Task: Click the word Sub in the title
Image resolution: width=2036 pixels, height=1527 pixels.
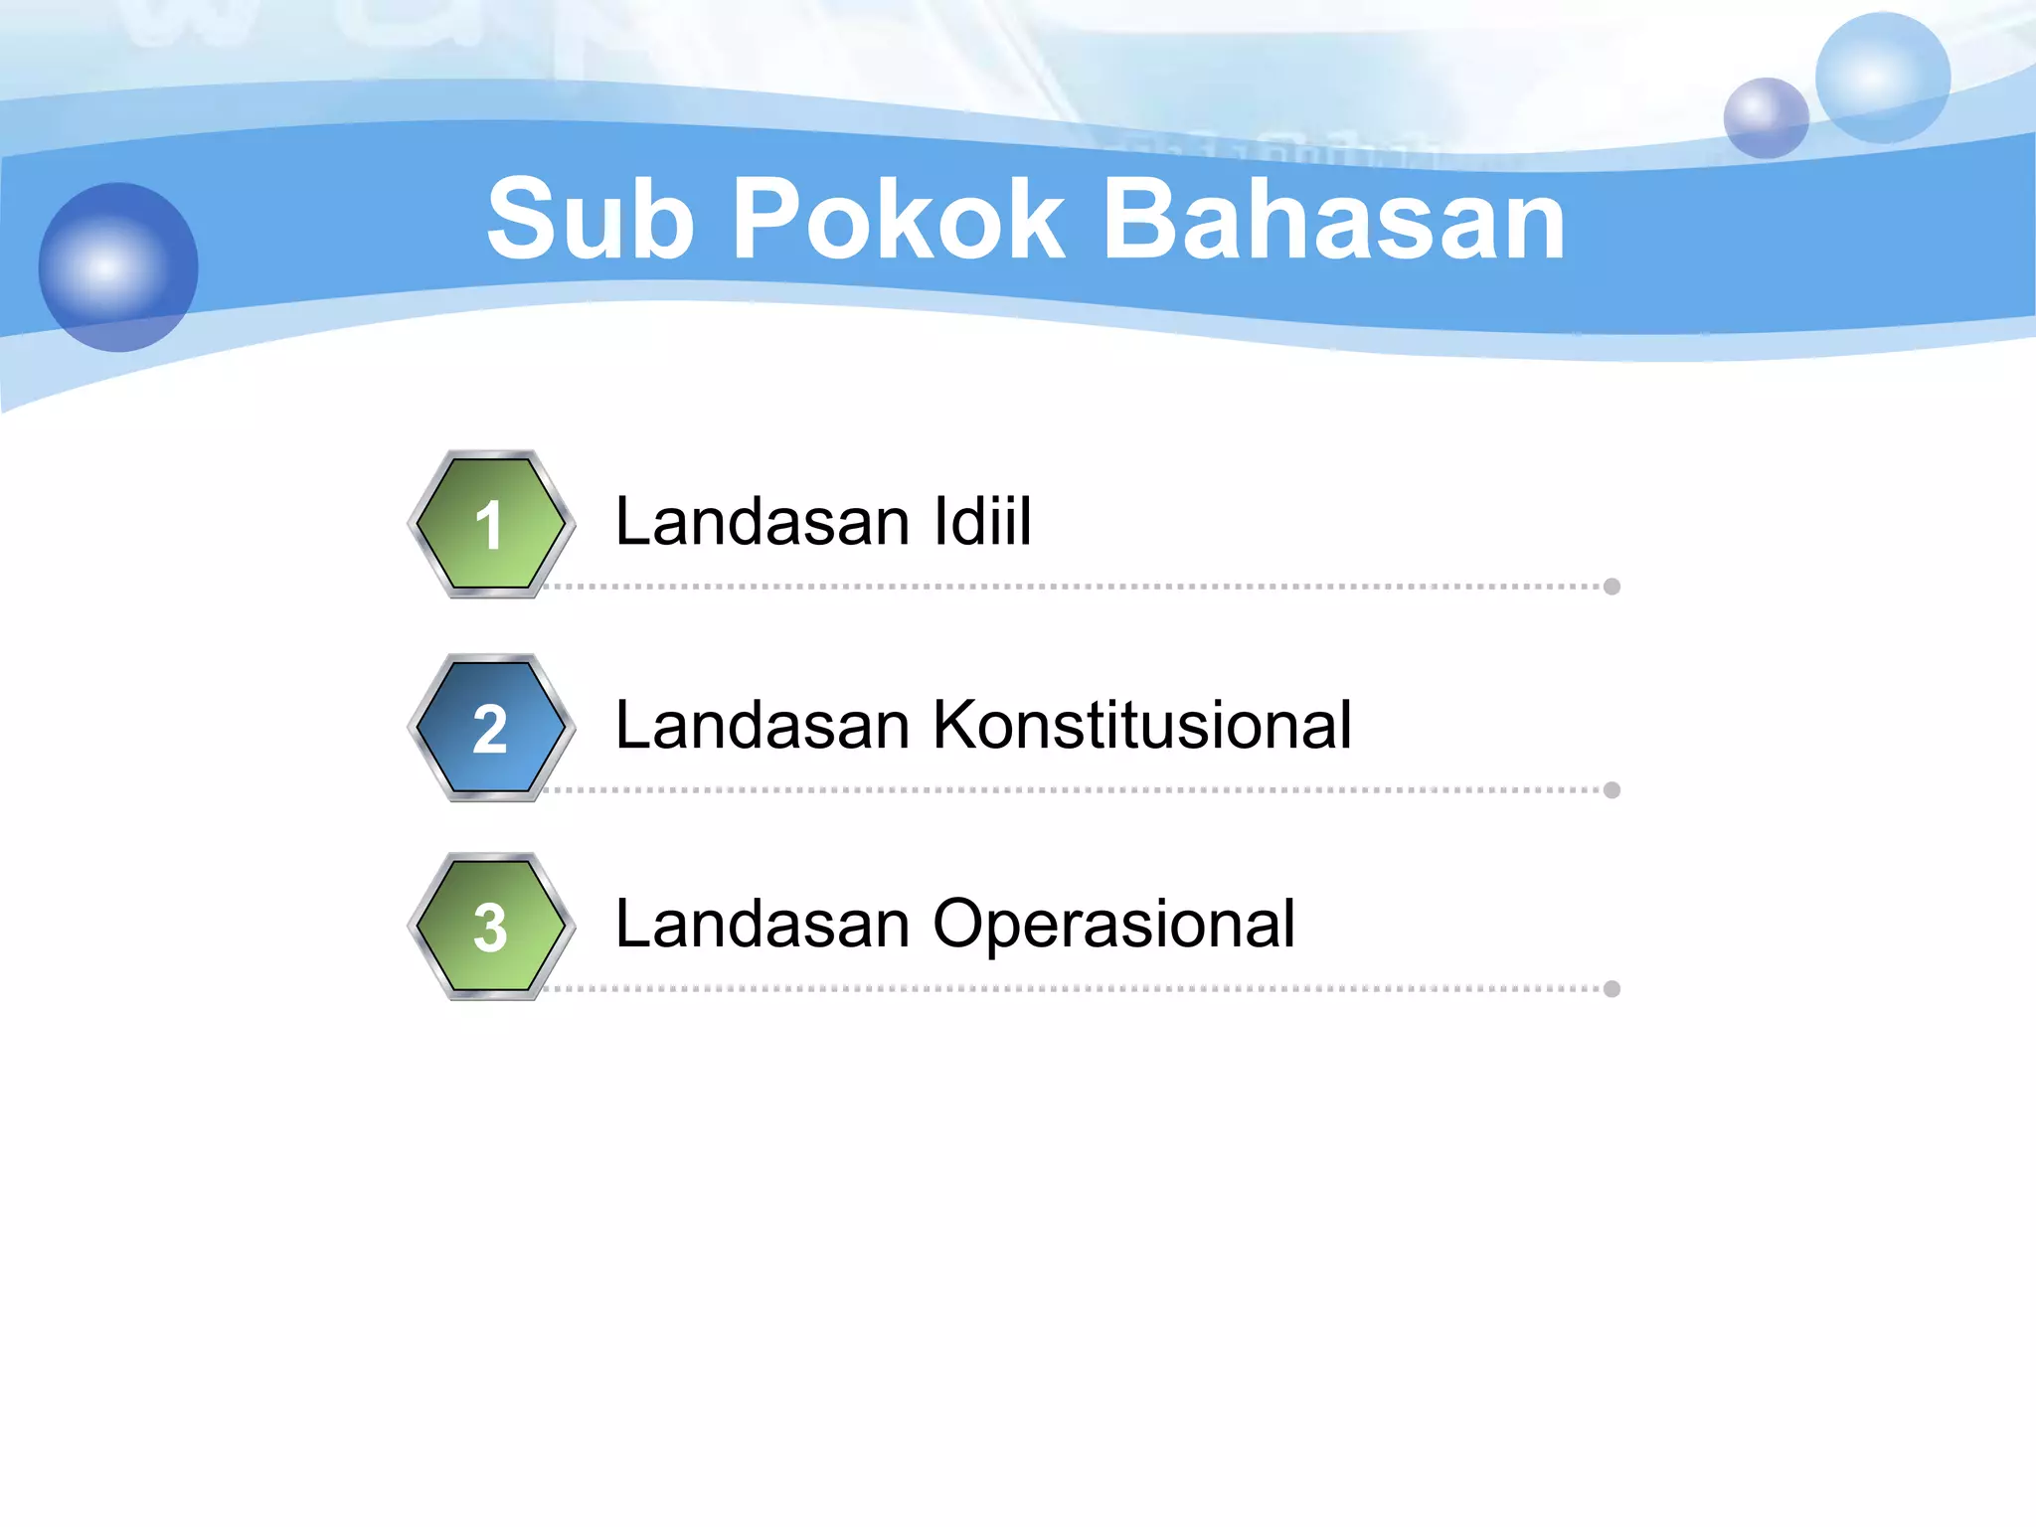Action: [x=590, y=220]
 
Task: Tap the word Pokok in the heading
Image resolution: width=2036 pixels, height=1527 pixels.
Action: [x=898, y=220]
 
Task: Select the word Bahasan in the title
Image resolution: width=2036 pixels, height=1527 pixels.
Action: [x=1334, y=220]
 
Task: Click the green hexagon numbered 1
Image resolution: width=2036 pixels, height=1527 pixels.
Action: [x=491, y=524]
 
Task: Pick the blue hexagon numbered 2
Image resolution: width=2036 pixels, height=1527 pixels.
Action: [x=491, y=728]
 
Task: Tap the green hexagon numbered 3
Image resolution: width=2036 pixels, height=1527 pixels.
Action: [x=491, y=927]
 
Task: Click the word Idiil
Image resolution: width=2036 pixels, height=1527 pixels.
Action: [x=982, y=521]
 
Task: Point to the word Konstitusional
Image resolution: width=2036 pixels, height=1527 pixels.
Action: [x=1142, y=725]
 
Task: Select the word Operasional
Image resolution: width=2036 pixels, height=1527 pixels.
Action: [x=1113, y=925]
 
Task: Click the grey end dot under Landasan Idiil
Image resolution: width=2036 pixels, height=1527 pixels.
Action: [x=1612, y=587]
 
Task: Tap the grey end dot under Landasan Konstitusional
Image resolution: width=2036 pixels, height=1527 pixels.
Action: [x=1612, y=790]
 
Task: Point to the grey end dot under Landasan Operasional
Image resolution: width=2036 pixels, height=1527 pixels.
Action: [x=1612, y=989]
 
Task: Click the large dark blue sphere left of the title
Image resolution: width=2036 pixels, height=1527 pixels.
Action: [x=118, y=266]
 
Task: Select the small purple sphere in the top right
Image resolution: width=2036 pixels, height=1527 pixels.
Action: [x=1766, y=118]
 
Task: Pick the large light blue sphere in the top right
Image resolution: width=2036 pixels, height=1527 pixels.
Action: [x=1882, y=78]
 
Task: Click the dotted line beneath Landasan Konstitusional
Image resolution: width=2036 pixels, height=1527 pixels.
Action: [x=1074, y=790]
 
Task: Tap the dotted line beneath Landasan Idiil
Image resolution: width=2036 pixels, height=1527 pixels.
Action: [x=1074, y=587]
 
